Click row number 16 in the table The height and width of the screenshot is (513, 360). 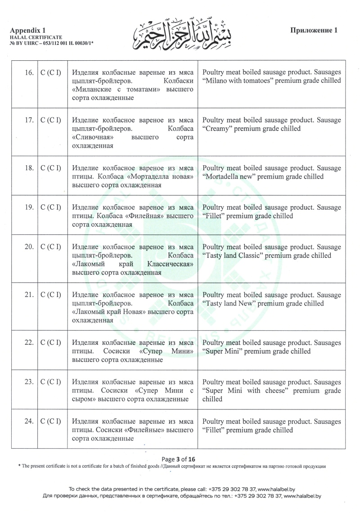[29, 72]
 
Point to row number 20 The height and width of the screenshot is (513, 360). [29, 247]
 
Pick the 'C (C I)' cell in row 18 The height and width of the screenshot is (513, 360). [51, 168]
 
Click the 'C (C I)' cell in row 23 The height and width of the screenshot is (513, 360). [51, 382]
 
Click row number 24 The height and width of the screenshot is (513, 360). [29, 422]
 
